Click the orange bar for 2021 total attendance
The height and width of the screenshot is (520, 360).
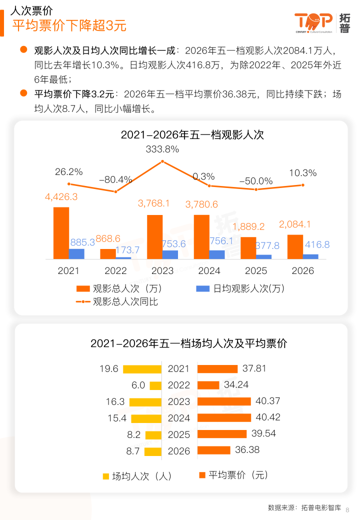tap(61, 233)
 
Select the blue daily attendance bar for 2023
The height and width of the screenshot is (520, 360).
tap(170, 254)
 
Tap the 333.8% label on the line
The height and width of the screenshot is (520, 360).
tap(162, 149)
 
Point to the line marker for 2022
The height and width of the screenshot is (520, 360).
tap(115, 191)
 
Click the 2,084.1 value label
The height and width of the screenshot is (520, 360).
tap(295, 224)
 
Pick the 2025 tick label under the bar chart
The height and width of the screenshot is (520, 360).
tap(256, 271)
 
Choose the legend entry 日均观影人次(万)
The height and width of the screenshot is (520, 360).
tap(240, 288)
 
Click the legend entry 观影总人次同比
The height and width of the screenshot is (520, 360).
tap(116, 301)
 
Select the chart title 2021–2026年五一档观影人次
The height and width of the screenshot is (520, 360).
tap(192, 135)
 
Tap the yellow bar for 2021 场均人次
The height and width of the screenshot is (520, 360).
tap(142, 369)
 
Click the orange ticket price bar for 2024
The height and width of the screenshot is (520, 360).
tap(224, 417)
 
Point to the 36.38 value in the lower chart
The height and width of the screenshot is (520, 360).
tap(247, 450)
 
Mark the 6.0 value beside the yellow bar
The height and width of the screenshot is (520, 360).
tap(138, 385)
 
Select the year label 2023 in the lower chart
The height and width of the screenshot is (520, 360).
tap(179, 401)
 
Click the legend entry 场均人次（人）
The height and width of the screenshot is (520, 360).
tap(137, 476)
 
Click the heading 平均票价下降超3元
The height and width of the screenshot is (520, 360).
tap(69, 25)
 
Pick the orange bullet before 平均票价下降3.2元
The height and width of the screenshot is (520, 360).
tap(23, 93)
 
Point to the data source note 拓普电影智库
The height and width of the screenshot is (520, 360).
tap(321, 507)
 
